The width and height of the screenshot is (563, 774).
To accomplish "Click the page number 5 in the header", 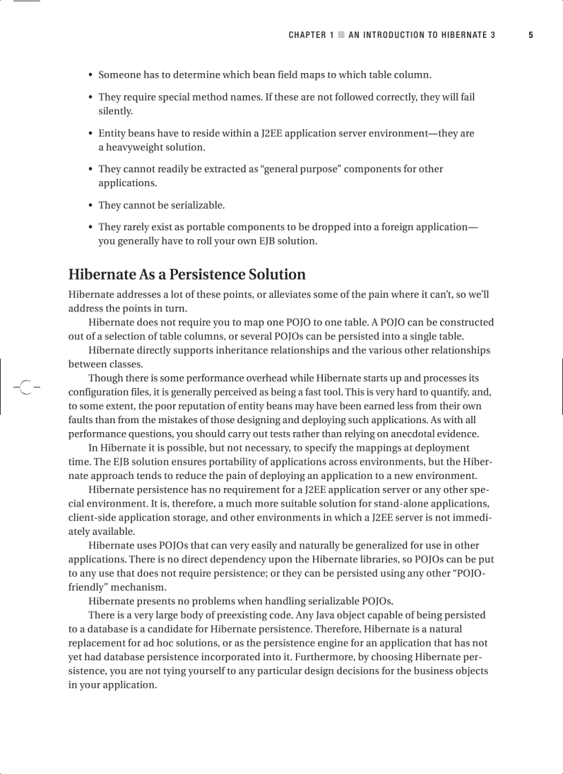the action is [x=531, y=35].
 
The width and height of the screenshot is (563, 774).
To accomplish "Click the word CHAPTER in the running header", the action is [x=307, y=35].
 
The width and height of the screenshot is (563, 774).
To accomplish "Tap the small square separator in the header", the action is [x=341, y=35].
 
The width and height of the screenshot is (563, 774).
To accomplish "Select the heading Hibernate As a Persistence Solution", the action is [x=187, y=274].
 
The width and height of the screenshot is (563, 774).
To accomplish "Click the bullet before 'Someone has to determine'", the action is [x=90, y=75].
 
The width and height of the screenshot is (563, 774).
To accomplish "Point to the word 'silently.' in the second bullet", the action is [x=115, y=111].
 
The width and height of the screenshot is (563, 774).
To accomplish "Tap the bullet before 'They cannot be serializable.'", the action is [x=90, y=205].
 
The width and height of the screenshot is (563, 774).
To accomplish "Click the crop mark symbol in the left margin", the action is [x=26, y=387].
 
